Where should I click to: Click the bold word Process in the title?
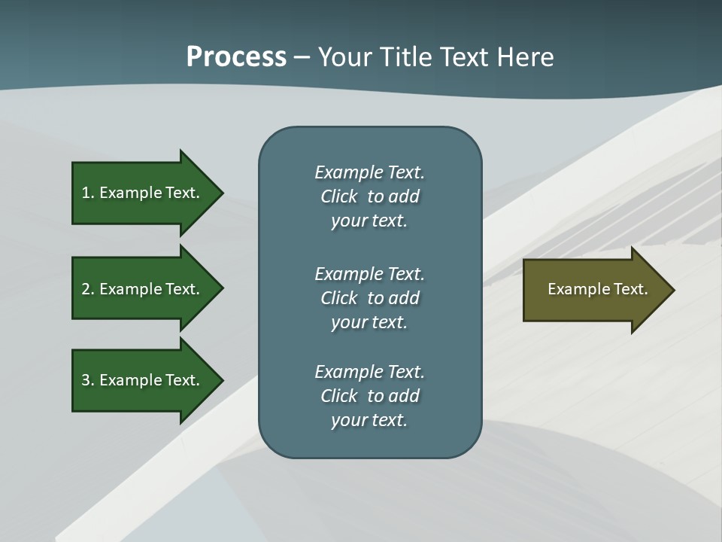click(x=236, y=57)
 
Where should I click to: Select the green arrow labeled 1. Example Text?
click(x=143, y=193)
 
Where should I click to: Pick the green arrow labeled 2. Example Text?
click(x=143, y=289)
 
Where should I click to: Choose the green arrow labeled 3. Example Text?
click(x=143, y=380)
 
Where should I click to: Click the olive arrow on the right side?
click(x=594, y=290)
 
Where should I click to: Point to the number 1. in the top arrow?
click(x=88, y=193)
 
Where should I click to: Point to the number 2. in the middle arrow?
click(x=88, y=289)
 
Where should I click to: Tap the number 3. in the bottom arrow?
click(x=88, y=380)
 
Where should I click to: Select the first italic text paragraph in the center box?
click(x=369, y=196)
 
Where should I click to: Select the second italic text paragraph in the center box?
click(x=369, y=298)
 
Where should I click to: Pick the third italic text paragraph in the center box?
click(x=369, y=396)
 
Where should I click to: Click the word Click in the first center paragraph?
click(x=338, y=196)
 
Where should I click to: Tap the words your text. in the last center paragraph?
click(x=369, y=420)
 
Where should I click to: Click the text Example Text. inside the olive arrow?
click(x=597, y=289)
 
